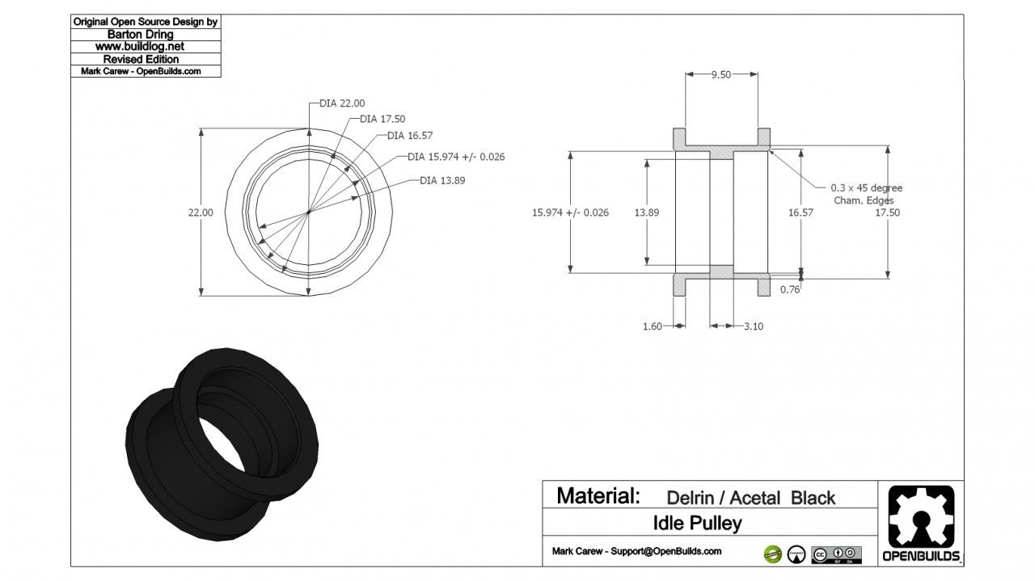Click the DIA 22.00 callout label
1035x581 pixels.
tap(342, 103)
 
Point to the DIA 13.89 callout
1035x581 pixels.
tap(442, 180)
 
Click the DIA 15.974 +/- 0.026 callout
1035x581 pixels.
tap(456, 157)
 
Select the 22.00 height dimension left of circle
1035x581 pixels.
tap(201, 213)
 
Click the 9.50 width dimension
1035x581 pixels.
tap(721, 74)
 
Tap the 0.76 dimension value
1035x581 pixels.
tap(790, 289)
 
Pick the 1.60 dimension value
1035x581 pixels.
tap(652, 326)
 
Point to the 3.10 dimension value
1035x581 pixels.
tap(753, 326)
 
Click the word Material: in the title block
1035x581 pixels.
tap(598, 495)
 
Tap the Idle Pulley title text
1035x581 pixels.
tap(697, 524)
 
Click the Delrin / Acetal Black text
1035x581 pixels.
tap(750, 498)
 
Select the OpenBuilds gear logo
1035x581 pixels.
tap(921, 517)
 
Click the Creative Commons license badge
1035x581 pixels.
tap(836, 554)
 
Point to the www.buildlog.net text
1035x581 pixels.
tap(146, 47)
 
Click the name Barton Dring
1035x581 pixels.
tap(146, 35)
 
